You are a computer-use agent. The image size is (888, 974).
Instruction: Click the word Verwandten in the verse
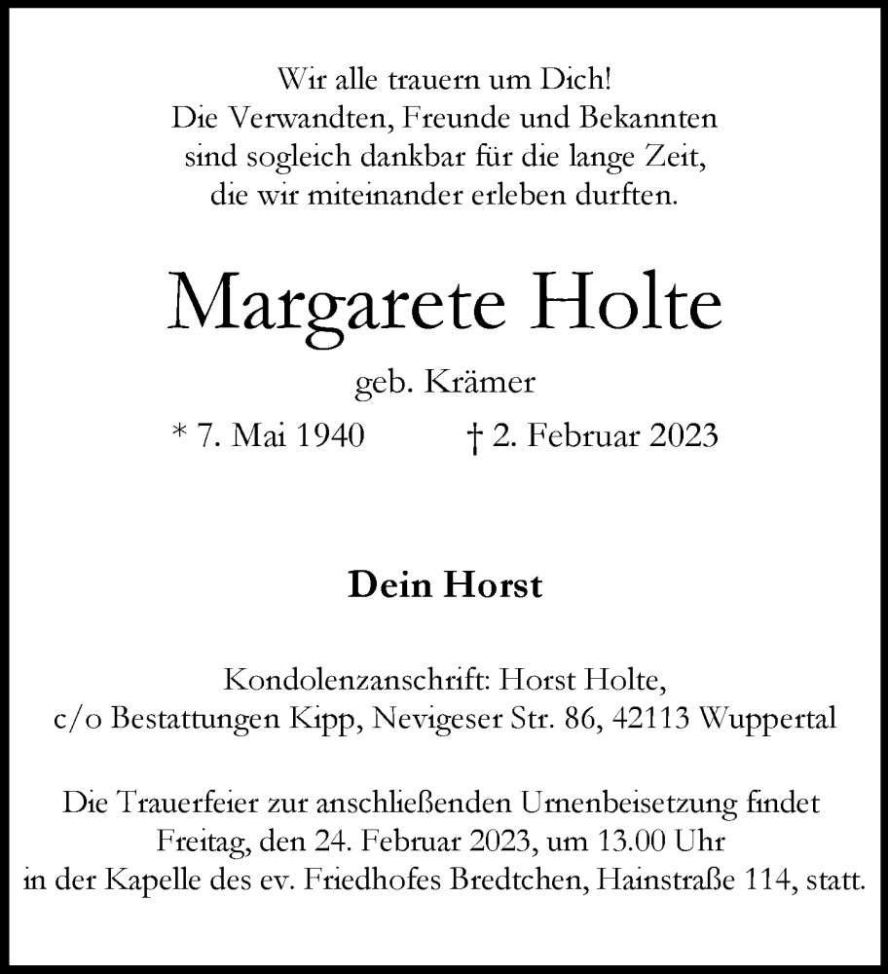pos(314,118)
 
